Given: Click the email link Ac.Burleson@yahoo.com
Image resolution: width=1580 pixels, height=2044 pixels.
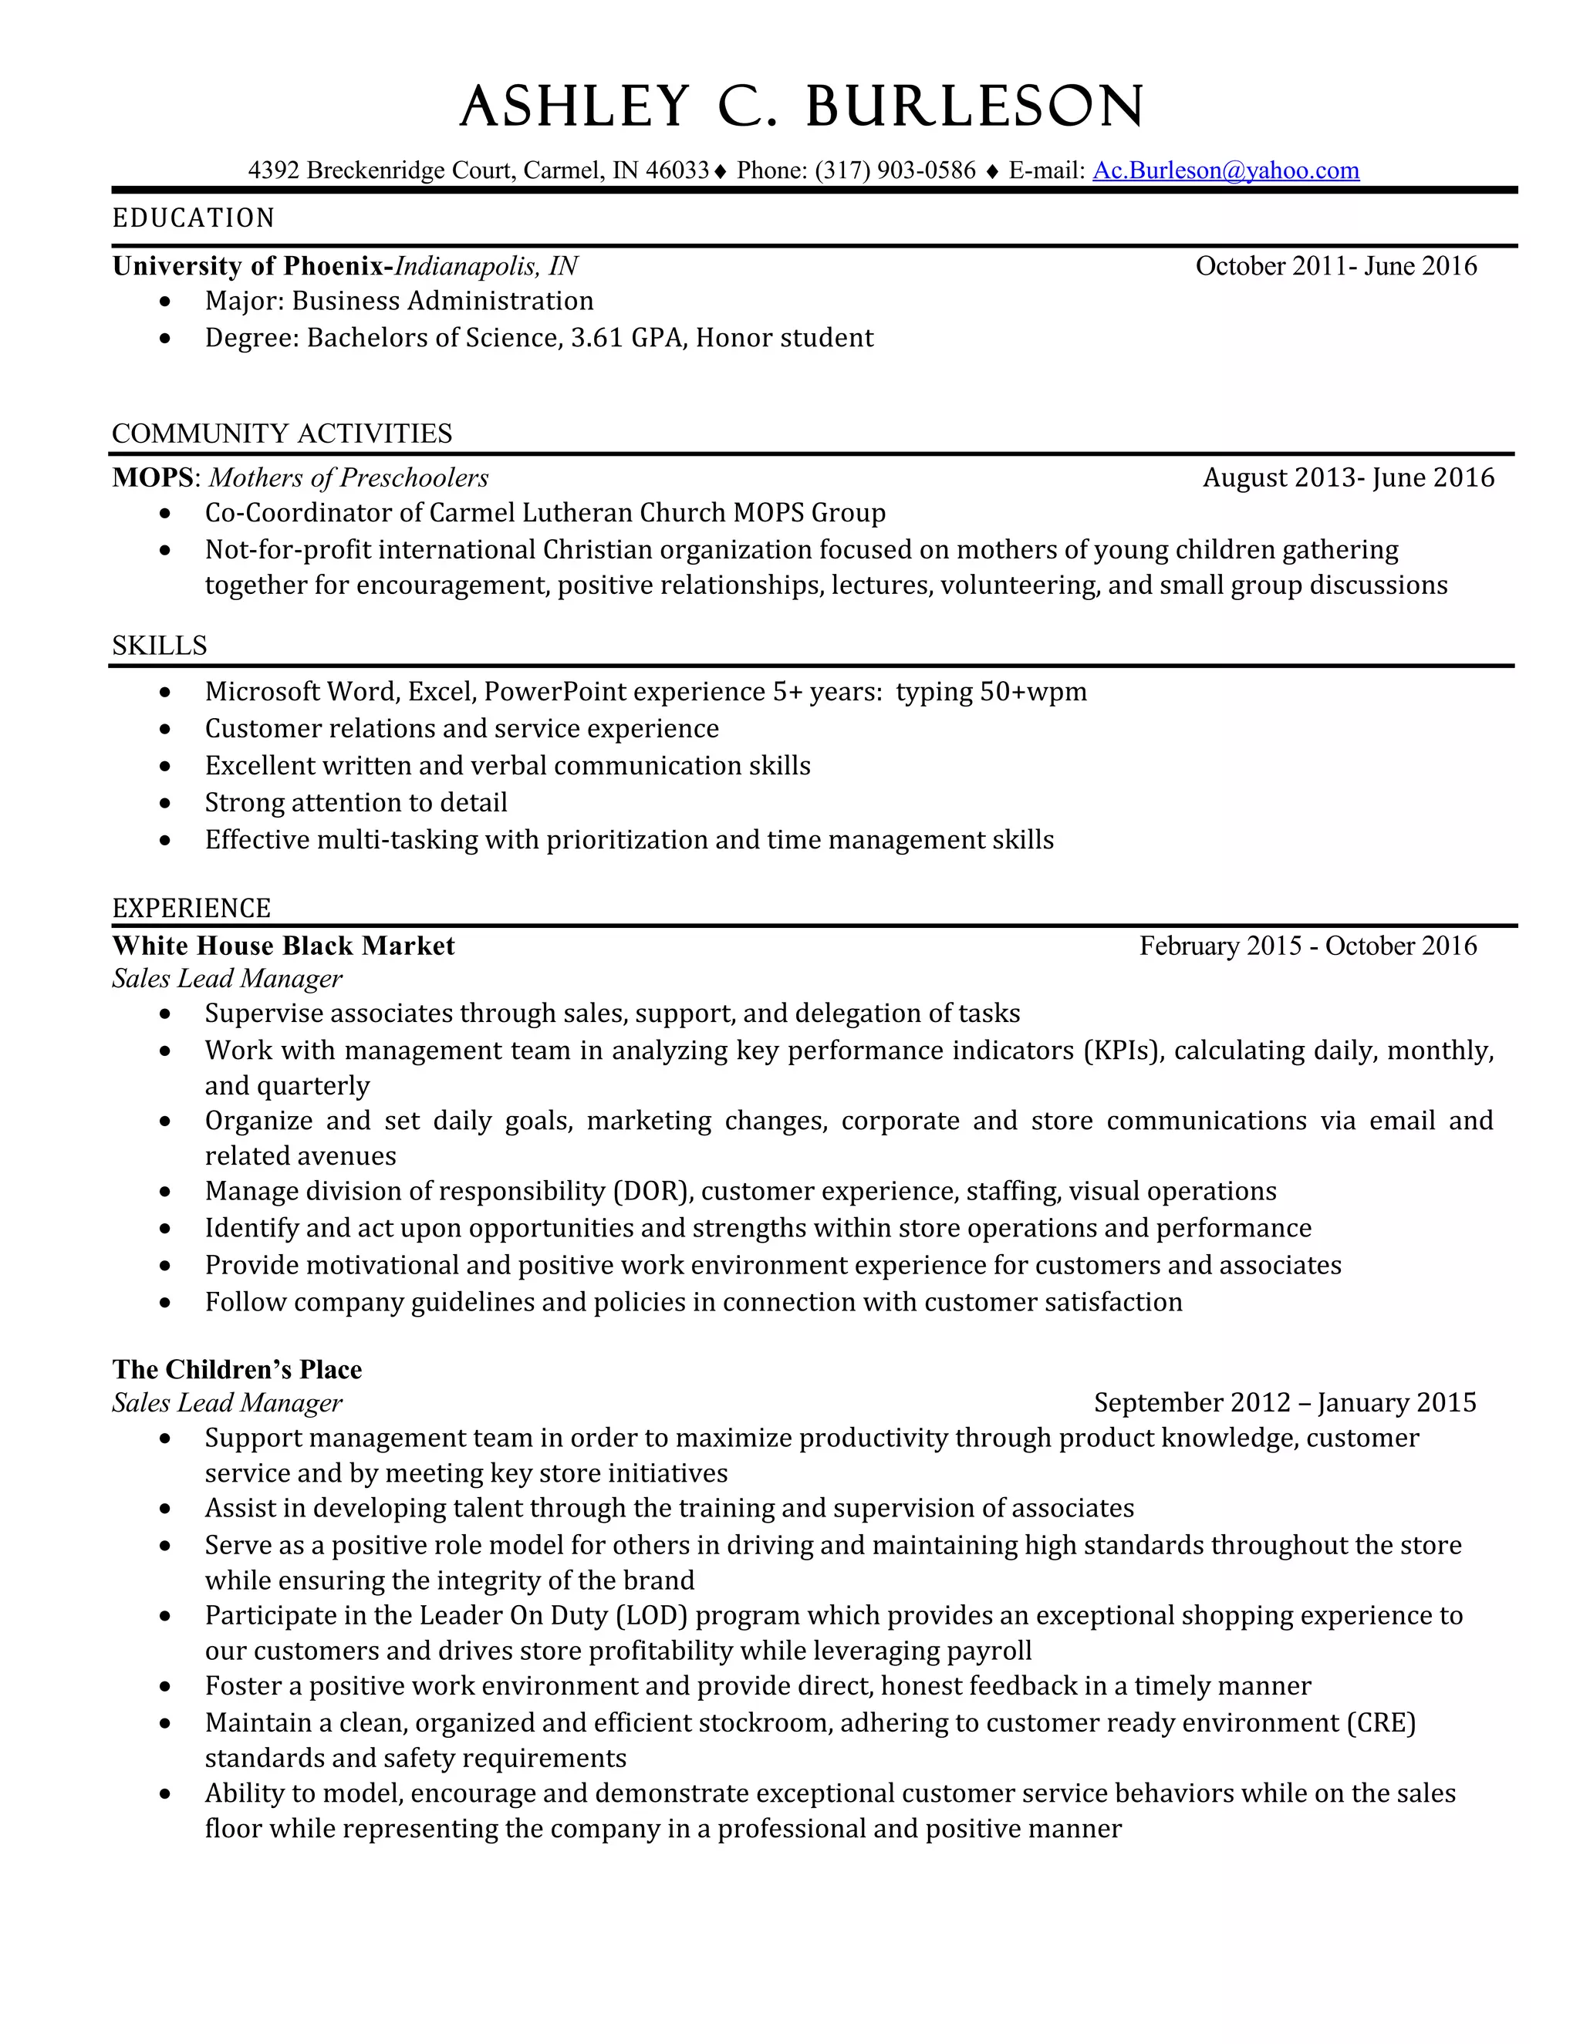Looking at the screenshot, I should click(x=1225, y=170).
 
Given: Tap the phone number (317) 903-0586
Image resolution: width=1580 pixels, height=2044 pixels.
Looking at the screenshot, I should click(x=895, y=170).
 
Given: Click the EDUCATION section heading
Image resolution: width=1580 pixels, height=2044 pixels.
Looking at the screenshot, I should click(x=194, y=218).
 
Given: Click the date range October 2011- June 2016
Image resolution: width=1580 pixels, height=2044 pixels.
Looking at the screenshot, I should click(x=1335, y=267).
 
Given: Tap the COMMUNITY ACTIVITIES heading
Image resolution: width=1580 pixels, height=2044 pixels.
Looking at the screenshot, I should click(x=282, y=433).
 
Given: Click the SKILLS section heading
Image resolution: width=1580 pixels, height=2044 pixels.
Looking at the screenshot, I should click(x=160, y=646).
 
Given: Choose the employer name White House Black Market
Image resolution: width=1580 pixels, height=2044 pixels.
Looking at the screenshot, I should click(x=284, y=946).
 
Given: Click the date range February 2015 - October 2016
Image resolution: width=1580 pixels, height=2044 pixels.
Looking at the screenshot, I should click(x=1308, y=946).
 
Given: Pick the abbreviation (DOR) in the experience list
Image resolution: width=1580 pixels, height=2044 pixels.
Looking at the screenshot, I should click(x=653, y=1192).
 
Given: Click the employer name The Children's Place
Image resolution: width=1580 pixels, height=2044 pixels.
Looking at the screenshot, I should click(x=237, y=1370).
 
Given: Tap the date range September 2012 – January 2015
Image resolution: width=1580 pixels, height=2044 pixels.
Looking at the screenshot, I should click(x=1285, y=1403).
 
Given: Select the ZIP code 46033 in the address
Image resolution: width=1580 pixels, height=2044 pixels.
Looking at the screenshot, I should click(x=677, y=170).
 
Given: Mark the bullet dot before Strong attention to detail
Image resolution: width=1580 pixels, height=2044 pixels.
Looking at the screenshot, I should click(x=166, y=803).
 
